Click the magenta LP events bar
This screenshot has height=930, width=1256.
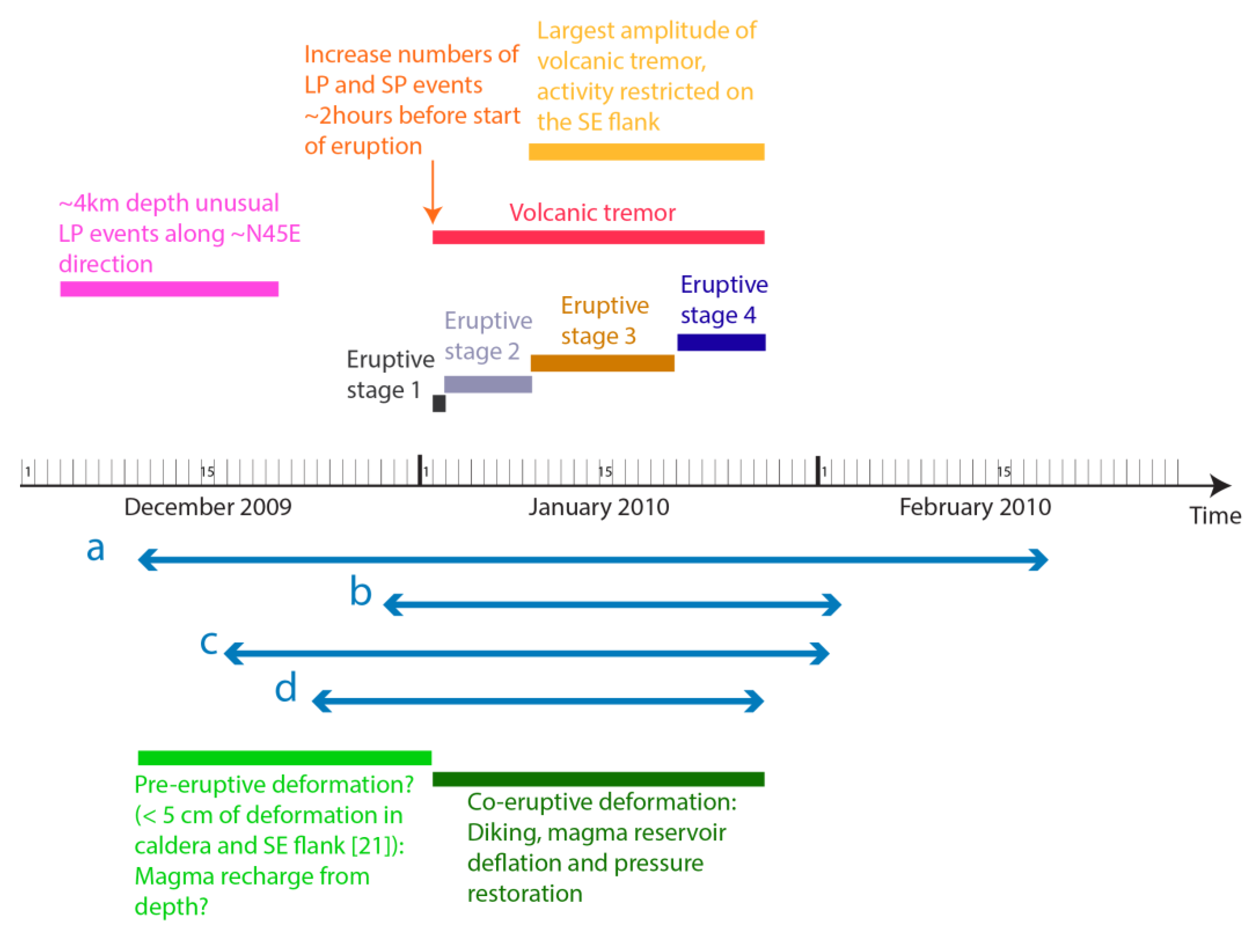pos(169,289)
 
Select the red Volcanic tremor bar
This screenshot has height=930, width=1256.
pos(598,237)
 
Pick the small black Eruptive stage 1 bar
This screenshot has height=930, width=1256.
pos(439,403)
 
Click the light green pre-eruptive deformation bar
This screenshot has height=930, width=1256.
pos(284,758)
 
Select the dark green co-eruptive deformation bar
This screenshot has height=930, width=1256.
pos(598,779)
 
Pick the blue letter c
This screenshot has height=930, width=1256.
pos(209,642)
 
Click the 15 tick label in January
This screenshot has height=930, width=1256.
pos(605,472)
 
